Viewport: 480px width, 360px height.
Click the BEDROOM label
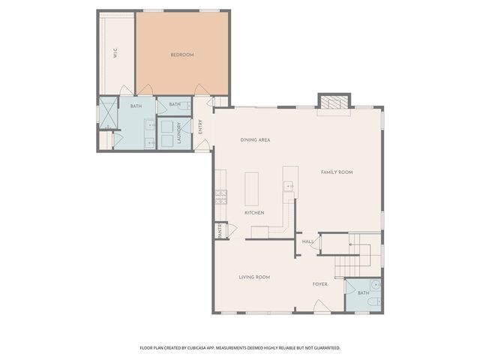coord(182,55)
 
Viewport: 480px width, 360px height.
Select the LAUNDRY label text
coord(179,133)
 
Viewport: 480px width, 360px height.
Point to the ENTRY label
coord(200,127)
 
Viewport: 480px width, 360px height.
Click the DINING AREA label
coord(255,140)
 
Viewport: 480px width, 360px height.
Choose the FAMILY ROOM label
coord(337,172)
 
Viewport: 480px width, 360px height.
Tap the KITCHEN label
coord(254,213)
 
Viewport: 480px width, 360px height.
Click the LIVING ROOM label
coord(254,277)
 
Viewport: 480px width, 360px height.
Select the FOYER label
coord(320,284)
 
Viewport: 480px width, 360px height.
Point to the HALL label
coord(307,241)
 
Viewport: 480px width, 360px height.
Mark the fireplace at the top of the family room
coord(334,103)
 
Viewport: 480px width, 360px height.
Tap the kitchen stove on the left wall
coord(221,197)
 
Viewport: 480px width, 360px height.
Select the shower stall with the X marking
coord(109,112)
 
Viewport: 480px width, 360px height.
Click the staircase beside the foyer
coord(358,254)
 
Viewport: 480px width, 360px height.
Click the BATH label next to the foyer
coord(363,293)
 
